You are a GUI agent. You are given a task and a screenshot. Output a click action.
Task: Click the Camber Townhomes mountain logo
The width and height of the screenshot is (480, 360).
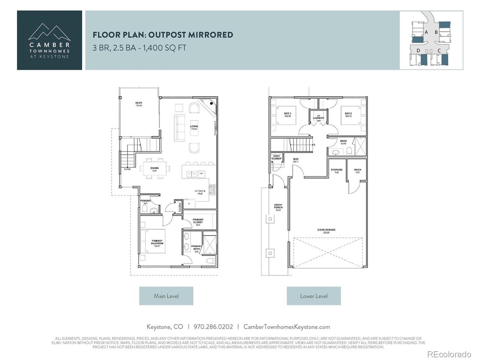49,32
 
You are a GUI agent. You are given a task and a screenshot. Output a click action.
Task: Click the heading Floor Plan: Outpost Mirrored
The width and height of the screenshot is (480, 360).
163,35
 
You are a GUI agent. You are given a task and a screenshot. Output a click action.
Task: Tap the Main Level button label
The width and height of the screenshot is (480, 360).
166,296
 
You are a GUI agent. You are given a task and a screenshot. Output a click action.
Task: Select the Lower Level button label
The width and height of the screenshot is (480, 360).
313,296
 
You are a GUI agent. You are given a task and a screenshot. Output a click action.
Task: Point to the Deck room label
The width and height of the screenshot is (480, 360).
139,104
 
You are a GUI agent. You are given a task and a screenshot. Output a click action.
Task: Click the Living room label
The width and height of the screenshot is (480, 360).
194,127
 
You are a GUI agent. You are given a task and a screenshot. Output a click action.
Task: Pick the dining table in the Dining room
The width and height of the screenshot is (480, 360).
154,169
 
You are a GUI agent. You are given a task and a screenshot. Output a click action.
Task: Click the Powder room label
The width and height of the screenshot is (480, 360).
145,202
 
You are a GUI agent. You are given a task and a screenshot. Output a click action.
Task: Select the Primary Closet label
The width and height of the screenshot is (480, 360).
198,221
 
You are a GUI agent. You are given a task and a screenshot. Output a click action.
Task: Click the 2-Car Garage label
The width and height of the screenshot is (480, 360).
325,231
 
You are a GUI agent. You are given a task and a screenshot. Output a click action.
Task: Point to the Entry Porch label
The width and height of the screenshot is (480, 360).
278,207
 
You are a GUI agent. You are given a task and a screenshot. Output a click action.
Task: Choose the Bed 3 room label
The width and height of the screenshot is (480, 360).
288,115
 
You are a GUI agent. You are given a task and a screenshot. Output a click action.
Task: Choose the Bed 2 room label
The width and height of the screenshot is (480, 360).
348,115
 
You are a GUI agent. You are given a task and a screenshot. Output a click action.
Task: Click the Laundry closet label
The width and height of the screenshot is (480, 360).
318,118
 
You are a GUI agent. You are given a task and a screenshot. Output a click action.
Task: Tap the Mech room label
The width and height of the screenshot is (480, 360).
357,171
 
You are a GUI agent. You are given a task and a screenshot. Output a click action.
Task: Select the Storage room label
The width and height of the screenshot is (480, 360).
336,171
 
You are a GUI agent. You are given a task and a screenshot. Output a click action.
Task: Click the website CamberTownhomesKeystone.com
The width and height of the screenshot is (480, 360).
286,327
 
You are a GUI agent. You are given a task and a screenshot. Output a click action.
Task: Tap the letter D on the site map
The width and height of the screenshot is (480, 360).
418,50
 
